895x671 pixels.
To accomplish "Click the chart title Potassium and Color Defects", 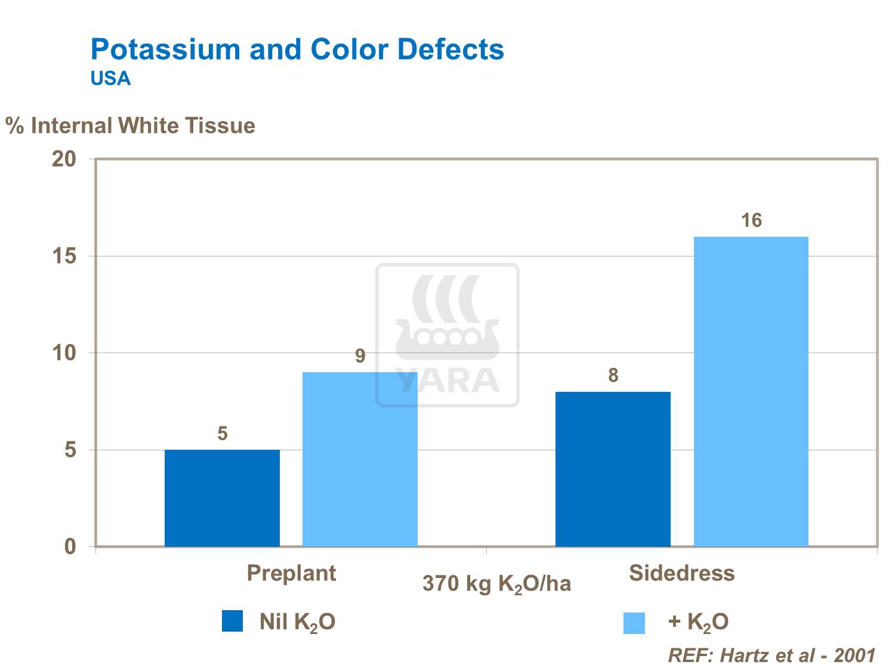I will click(x=297, y=50).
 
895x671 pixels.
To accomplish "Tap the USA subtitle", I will click(x=110, y=79).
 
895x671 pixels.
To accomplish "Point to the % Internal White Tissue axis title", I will click(x=131, y=126).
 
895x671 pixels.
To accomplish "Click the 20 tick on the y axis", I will click(x=64, y=159).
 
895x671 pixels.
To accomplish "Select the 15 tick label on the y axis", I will click(x=64, y=256).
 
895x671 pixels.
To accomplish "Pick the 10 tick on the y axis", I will click(x=64, y=353).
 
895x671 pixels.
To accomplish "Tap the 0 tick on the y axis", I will click(x=70, y=546).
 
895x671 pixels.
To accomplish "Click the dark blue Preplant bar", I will click(x=222, y=498).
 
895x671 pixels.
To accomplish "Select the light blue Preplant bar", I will click(x=360, y=459).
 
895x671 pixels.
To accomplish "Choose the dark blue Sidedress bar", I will click(x=613, y=469).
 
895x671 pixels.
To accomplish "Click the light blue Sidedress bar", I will click(x=751, y=391).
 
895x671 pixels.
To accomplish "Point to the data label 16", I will click(x=751, y=221).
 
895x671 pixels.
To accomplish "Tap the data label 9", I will click(x=360, y=356).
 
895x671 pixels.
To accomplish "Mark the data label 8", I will click(x=613, y=376).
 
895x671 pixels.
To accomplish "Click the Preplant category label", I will click(x=291, y=573).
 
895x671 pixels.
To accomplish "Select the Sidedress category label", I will click(x=681, y=573).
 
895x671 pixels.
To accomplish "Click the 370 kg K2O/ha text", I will click(x=496, y=584).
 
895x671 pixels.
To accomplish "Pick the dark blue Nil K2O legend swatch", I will click(x=232, y=621).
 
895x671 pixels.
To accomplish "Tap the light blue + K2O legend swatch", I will click(x=634, y=623).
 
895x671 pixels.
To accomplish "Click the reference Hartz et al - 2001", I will click(x=771, y=655).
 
